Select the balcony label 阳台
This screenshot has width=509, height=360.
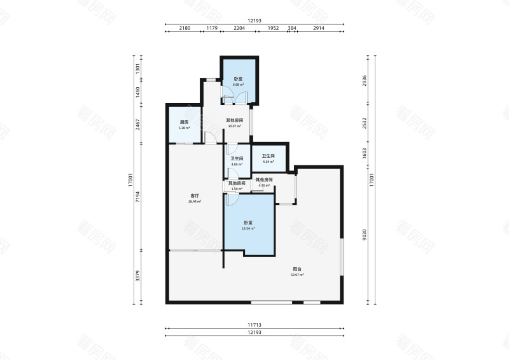tap(297, 272)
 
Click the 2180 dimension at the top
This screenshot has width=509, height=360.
tap(185, 29)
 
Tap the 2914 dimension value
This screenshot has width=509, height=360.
tap(318, 29)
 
